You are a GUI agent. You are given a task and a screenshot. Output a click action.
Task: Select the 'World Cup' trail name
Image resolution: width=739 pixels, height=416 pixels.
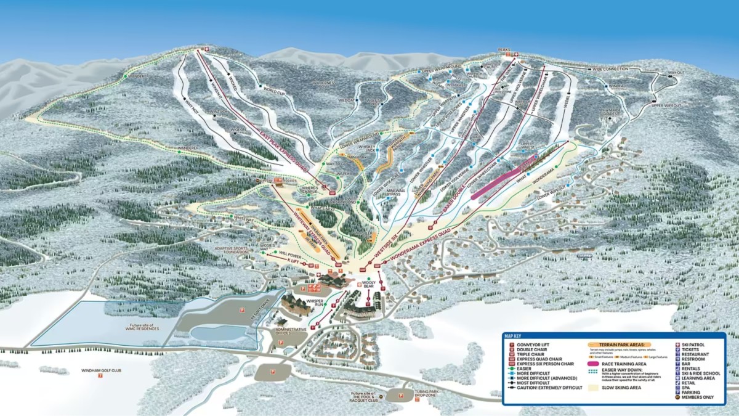pos(275,91)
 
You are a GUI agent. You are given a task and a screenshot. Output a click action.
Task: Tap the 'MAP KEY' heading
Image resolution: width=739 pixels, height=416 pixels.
pos(513,336)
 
